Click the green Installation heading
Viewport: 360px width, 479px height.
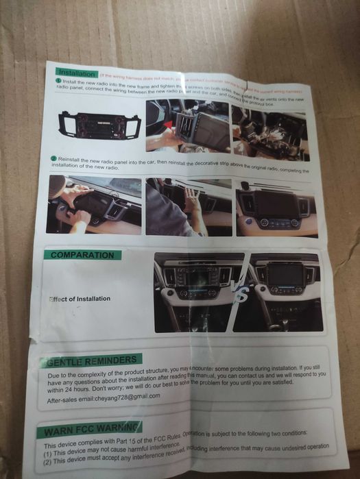click(x=77, y=72)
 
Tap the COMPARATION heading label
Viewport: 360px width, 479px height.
click(x=82, y=255)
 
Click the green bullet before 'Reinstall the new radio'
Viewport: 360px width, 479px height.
click(x=53, y=158)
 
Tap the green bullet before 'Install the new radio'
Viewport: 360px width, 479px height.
click(x=58, y=81)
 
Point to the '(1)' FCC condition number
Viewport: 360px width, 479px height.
click(x=49, y=454)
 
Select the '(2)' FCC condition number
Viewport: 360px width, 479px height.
click(x=49, y=464)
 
